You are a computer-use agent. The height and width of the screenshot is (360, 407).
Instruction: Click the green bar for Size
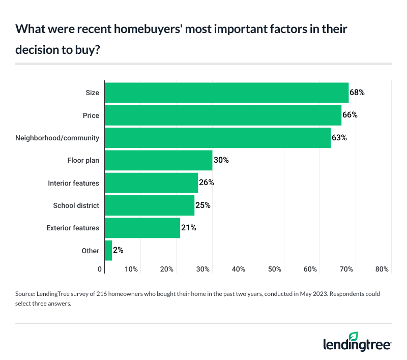(x=226, y=93)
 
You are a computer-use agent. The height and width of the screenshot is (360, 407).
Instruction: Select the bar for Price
(x=223, y=115)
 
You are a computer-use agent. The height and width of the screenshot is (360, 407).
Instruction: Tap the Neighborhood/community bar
(x=217, y=138)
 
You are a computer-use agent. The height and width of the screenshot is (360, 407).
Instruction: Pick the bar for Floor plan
(x=158, y=160)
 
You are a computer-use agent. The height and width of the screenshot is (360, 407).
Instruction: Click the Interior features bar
(x=151, y=183)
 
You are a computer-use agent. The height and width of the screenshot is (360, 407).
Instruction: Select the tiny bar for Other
(x=108, y=250)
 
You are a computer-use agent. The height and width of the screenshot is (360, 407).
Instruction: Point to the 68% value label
(x=357, y=93)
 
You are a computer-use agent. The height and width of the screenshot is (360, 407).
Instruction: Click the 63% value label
(x=339, y=138)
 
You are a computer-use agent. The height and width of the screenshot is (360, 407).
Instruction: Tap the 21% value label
(x=189, y=228)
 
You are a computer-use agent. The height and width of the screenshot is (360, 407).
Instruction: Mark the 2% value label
(x=119, y=250)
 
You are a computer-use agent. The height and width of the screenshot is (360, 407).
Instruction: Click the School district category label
(x=76, y=205)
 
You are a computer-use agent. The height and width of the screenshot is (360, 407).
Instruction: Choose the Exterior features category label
(x=73, y=228)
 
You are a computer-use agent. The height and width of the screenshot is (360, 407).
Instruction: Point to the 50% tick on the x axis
(x=275, y=269)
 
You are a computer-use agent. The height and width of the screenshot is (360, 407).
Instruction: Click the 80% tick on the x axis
(x=382, y=269)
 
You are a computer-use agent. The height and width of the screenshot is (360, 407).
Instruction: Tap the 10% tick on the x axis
(x=131, y=269)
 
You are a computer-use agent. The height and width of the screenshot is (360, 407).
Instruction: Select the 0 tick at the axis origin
(x=100, y=269)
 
